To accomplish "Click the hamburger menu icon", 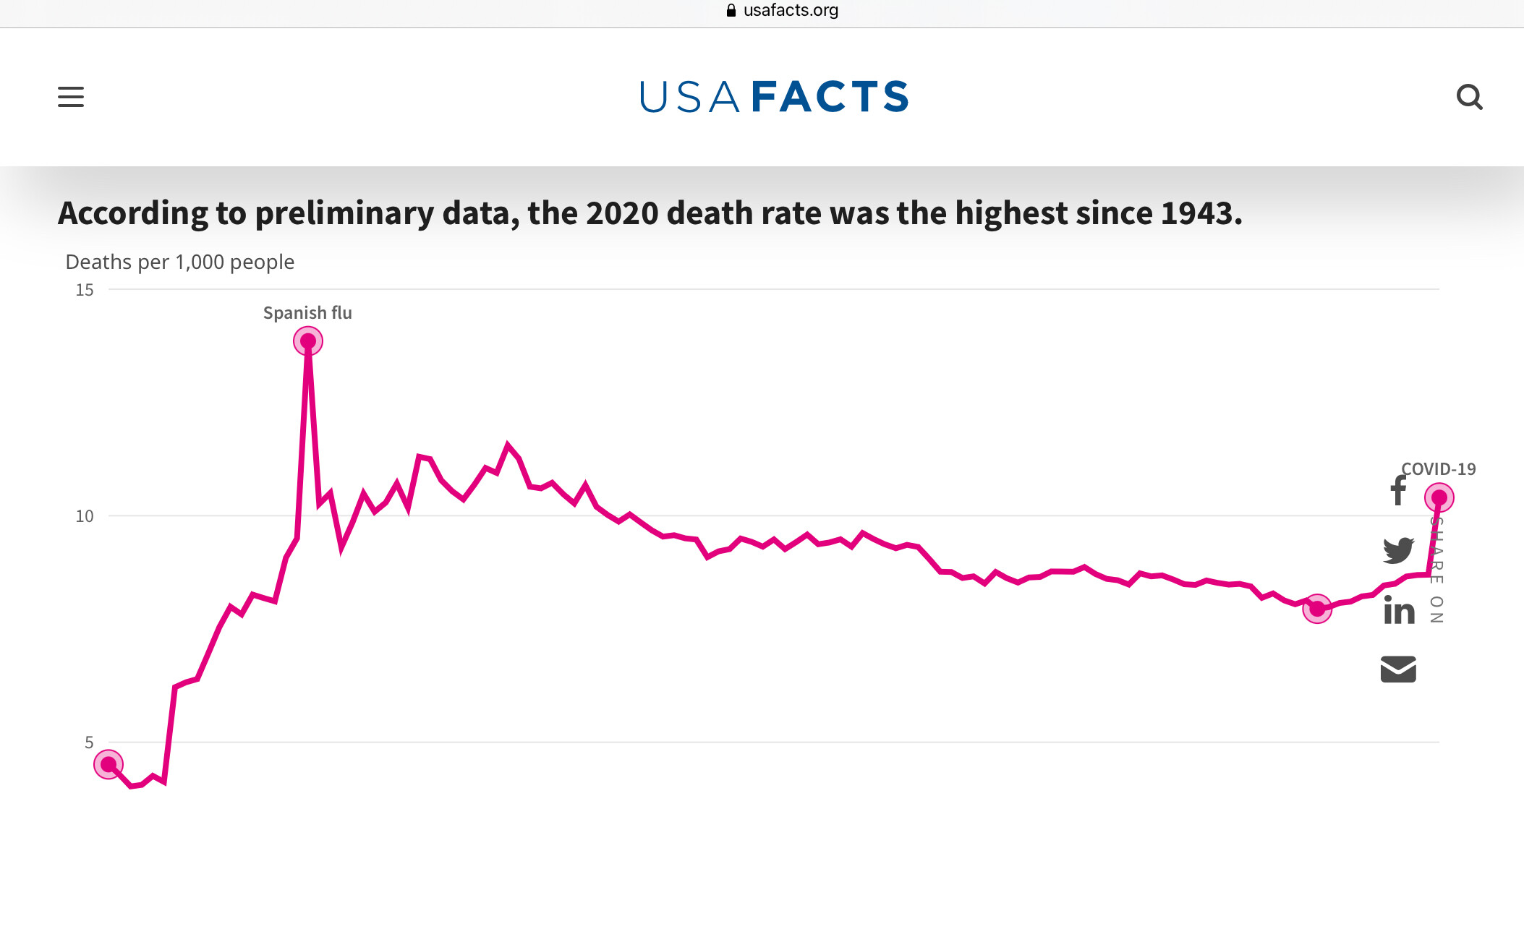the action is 71,97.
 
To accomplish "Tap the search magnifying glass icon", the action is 1469,97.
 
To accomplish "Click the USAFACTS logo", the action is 774,97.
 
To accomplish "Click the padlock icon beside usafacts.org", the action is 731,10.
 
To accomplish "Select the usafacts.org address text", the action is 791,10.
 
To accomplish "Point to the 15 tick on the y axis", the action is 85,290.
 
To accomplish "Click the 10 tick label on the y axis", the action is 85,516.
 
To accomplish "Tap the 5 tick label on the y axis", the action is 89,742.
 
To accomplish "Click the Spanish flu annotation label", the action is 307,313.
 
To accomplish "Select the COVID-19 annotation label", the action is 1439,469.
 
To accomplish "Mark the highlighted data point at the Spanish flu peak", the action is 308,341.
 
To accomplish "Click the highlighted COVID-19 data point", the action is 1439,497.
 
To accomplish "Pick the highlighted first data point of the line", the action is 108,764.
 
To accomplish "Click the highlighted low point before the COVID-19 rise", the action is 1317,609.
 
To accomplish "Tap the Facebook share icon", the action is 1398,491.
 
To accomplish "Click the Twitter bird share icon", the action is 1398,550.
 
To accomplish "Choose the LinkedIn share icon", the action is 1399,610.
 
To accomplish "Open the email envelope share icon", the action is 1398,669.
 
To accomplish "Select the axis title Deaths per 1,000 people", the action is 180,262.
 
